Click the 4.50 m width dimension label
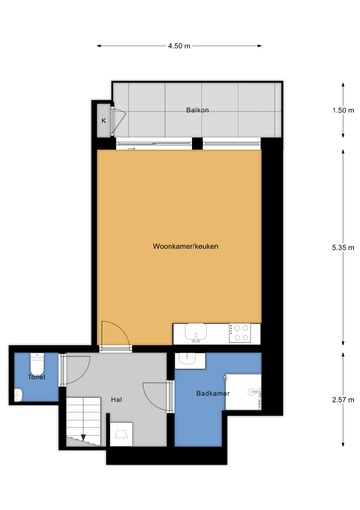tap(179, 46)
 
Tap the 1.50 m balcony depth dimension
tap(343, 110)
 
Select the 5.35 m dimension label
tap(343, 247)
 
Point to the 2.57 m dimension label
tap(343, 400)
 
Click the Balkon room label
tap(198, 110)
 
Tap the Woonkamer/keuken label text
tap(185, 246)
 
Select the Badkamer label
tap(213, 393)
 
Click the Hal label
tap(117, 399)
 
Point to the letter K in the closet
tap(104, 121)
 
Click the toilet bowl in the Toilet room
tap(37, 364)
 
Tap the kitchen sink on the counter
tap(196, 332)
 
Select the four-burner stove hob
tap(240, 333)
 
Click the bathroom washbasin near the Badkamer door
tap(188, 359)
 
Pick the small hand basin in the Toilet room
tap(18, 395)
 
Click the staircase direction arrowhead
tap(83, 437)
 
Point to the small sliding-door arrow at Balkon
tap(131, 149)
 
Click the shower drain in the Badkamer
tap(251, 392)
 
